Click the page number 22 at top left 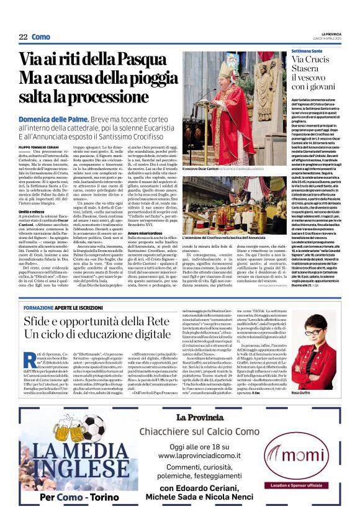[x=23, y=37]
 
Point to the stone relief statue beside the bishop [x=266, y=87]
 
